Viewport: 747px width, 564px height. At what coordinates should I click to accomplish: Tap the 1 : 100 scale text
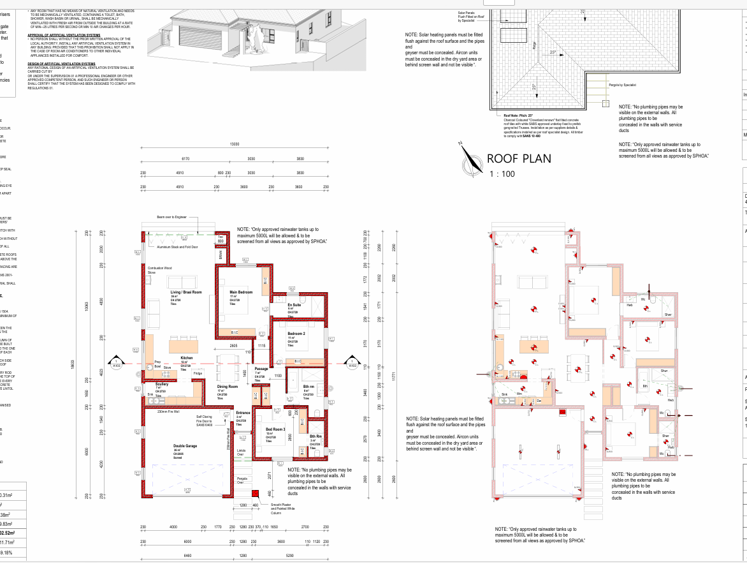502,174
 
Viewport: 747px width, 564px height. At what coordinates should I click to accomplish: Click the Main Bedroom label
241,292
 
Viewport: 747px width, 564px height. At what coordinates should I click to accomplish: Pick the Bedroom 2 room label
296,334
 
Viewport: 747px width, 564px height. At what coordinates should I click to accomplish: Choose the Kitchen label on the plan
186,359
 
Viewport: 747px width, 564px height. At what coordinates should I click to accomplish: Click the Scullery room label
162,384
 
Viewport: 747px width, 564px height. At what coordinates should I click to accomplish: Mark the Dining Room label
227,387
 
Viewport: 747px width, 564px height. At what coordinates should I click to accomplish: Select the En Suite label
294,306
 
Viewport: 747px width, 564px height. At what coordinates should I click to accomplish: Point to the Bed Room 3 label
275,429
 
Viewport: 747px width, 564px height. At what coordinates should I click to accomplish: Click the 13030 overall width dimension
235,144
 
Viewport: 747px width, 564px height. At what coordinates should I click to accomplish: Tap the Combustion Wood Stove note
159,270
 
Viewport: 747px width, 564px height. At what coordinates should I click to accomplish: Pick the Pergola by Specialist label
623,84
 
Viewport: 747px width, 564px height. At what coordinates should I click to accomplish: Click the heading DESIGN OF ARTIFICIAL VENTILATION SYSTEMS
61,64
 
